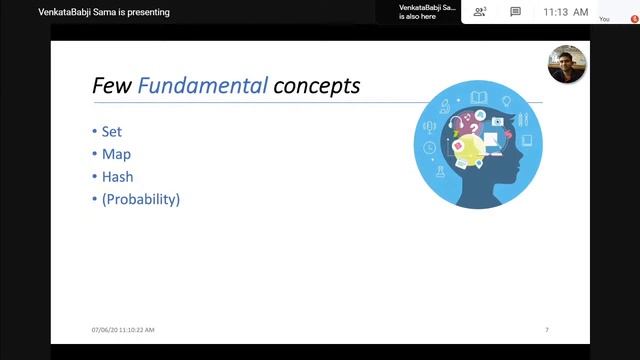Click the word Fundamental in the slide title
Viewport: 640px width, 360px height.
203,86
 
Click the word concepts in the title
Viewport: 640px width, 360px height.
316,86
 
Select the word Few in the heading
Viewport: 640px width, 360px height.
112,86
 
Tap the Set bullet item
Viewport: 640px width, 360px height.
111,132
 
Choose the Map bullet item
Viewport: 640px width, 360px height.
116,154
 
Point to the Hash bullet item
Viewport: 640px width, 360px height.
117,176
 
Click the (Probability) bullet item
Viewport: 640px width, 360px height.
140,199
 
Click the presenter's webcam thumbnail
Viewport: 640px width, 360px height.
566,64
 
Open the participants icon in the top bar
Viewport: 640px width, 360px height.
480,12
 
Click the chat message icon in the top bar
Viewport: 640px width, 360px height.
515,12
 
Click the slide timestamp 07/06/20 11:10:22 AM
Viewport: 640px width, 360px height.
123,329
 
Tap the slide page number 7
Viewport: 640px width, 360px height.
547,329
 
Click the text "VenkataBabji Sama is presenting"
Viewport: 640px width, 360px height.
111,12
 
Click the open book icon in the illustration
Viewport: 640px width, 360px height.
478,99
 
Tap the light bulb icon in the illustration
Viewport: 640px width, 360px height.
506,102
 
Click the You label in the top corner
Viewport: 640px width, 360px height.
604,19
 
